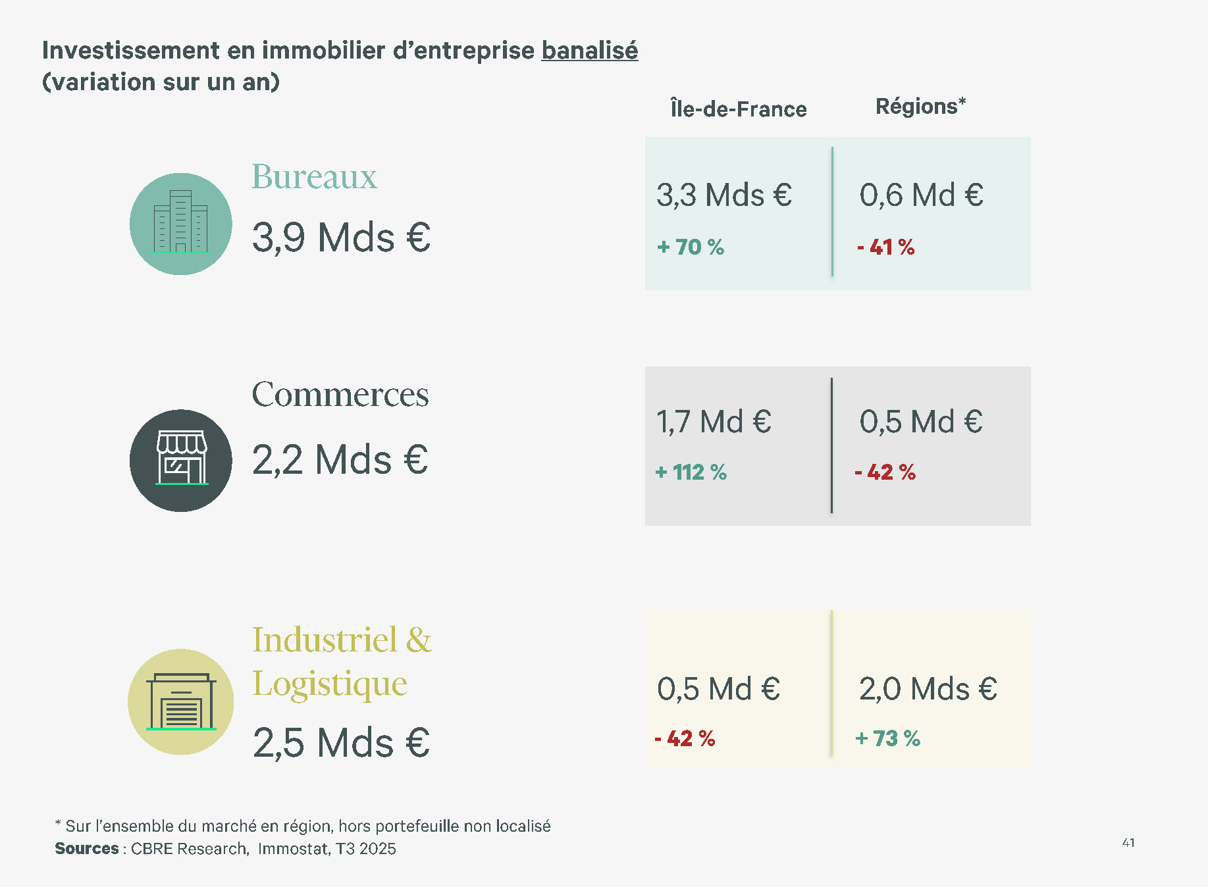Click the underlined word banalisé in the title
point(589,51)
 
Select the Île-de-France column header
point(738,109)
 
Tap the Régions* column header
point(920,107)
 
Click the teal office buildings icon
point(180,224)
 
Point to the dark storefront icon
point(180,460)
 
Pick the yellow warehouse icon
point(180,701)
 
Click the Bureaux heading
point(314,176)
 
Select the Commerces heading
point(340,394)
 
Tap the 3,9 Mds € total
point(341,238)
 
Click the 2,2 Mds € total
point(340,459)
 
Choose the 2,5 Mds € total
point(341,743)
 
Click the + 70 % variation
point(691,247)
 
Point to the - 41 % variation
point(885,247)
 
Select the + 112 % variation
point(691,472)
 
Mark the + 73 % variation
point(887,738)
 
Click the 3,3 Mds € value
point(723,195)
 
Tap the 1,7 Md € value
point(714,422)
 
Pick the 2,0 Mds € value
point(928,690)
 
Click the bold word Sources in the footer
point(87,849)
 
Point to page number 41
point(1128,843)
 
